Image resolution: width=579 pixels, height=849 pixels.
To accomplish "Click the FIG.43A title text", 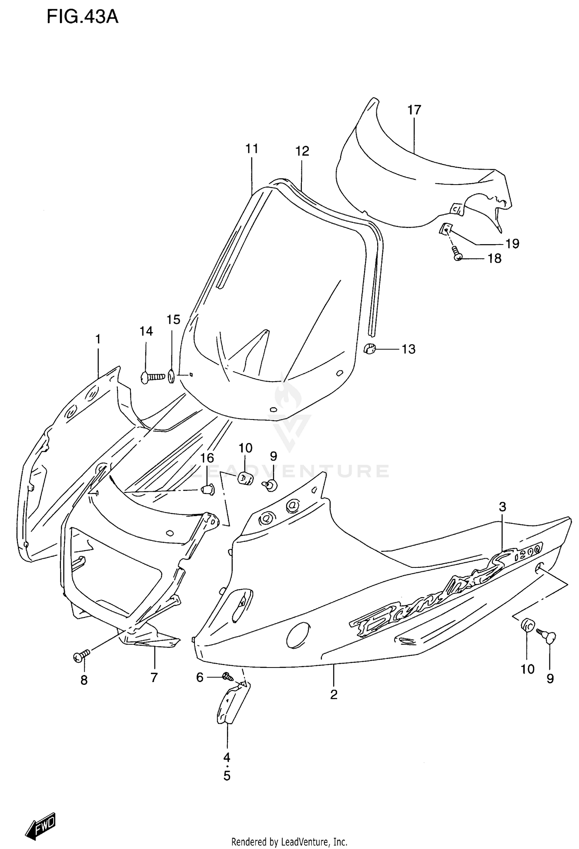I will [x=82, y=17].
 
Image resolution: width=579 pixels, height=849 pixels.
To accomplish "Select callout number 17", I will [x=414, y=110].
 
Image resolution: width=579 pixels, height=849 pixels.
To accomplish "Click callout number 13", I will [x=408, y=349].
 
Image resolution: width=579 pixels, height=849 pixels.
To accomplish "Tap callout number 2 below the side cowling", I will [x=334, y=694].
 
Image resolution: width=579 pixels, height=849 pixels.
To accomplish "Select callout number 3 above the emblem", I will [x=502, y=506].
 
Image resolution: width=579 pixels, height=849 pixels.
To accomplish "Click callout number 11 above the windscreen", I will [x=252, y=149].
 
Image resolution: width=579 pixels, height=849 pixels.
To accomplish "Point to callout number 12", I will [x=302, y=151].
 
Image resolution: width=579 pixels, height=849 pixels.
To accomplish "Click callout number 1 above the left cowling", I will [x=98, y=339].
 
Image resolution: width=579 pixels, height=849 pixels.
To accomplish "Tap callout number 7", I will [x=154, y=678].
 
